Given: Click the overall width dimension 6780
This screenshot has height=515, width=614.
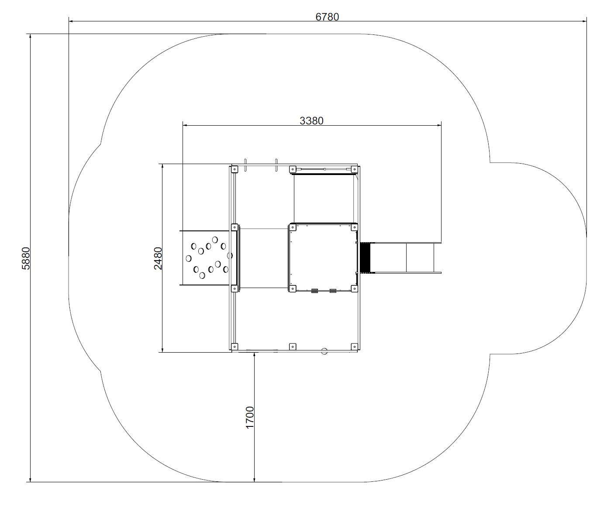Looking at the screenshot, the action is tap(327, 17).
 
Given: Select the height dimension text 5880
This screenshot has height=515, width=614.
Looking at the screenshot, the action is tap(26, 258).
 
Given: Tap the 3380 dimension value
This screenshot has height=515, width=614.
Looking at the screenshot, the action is tap(311, 121).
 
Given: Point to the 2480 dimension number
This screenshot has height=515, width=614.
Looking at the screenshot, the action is tap(158, 258).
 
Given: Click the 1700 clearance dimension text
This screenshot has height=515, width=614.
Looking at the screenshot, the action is tap(250, 418).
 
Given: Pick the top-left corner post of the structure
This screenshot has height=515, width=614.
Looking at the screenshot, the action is tap(235, 169).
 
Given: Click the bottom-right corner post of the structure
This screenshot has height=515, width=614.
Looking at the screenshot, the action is tap(354, 347).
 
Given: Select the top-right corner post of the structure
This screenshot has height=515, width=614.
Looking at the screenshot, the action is tap(354, 169).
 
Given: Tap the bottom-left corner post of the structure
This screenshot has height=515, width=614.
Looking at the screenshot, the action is tap(235, 347).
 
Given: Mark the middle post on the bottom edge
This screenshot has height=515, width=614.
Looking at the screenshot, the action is tap(293, 347).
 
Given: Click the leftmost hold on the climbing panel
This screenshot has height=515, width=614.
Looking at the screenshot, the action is tap(189, 258).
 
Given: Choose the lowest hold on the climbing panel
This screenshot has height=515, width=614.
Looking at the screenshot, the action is tap(202, 275).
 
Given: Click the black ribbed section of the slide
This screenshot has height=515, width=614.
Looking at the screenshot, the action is tap(365, 258).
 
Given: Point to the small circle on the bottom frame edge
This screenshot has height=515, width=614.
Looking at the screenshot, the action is tap(324, 351).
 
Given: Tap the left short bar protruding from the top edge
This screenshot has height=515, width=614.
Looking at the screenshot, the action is tap(245, 165).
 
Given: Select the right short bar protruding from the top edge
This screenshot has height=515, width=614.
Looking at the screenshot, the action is tap(276, 165).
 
